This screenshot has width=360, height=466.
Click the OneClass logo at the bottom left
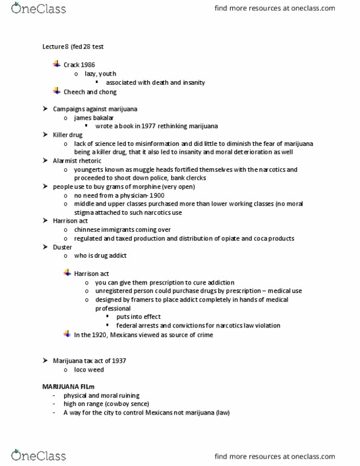[x=39, y=455]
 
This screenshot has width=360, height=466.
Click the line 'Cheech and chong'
[x=90, y=92]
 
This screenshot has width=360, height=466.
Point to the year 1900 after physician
[x=155, y=195]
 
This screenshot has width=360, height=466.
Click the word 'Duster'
[x=63, y=247]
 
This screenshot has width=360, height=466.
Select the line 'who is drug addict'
[x=100, y=256]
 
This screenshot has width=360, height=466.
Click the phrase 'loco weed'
[x=89, y=369]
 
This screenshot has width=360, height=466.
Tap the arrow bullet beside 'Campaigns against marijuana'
[x=45, y=109]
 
